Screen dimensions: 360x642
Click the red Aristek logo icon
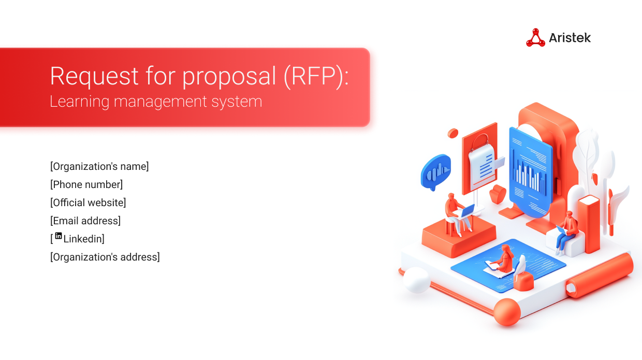point(535,38)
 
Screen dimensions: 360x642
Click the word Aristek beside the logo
point(570,38)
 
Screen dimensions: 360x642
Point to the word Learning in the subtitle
point(79,102)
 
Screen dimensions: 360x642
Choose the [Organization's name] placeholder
point(99,166)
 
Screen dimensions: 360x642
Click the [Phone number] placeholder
point(86,184)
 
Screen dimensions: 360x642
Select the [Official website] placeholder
point(88,203)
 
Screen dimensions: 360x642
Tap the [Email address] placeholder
point(85,221)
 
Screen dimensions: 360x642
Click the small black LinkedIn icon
point(59,236)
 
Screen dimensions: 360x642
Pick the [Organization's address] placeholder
point(105,257)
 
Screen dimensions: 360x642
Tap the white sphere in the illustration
point(416,280)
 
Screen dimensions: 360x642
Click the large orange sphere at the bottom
point(506,312)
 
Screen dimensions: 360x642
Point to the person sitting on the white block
point(567,231)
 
